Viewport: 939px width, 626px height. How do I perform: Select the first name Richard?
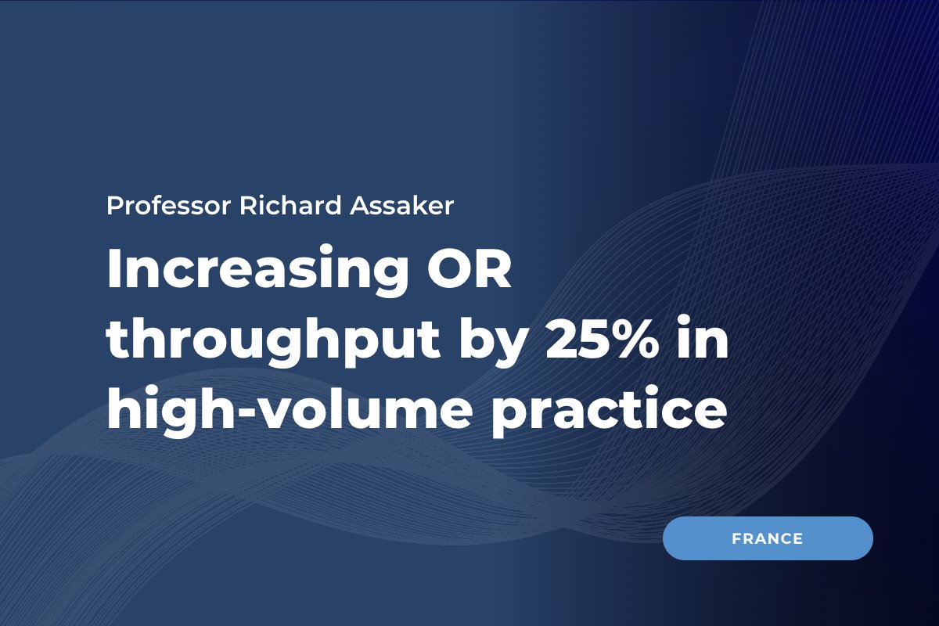click(266, 206)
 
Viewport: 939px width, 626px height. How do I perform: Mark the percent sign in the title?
click(633, 341)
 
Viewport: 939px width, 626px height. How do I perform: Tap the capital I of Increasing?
click(115, 270)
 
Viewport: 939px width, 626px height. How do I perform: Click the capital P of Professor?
click(113, 206)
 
